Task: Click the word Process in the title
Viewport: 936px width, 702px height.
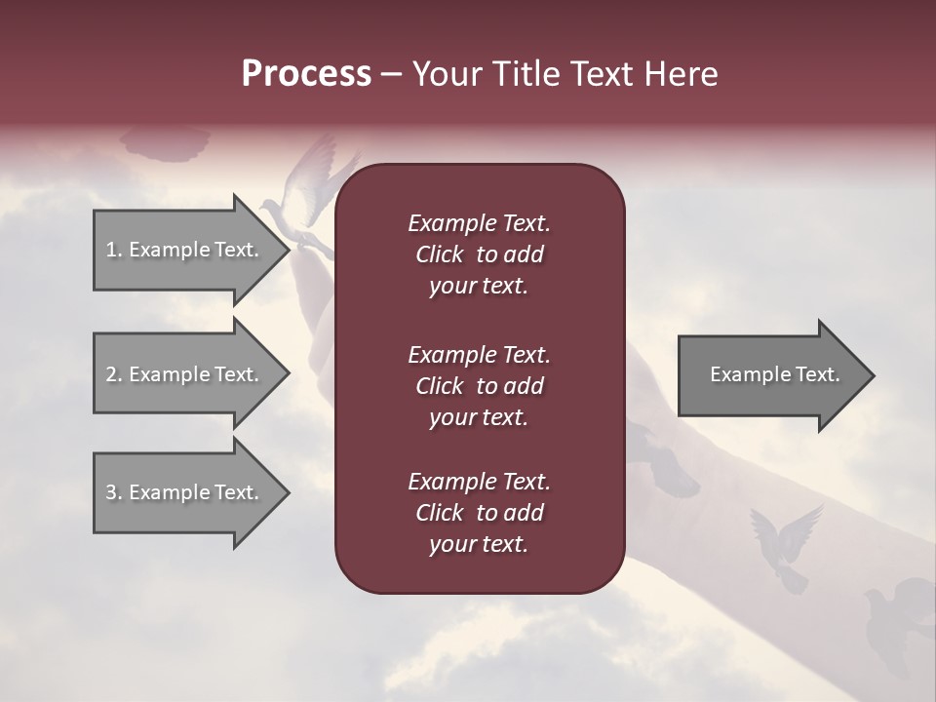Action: pyautogui.click(x=306, y=74)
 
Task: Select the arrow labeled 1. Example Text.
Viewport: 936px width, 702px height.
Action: pyautogui.click(x=185, y=250)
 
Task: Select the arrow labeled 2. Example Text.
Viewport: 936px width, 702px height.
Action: pyautogui.click(x=185, y=374)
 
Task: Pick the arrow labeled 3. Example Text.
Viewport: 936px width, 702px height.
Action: pyautogui.click(x=185, y=492)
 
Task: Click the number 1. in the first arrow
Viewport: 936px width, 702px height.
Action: pyautogui.click(x=113, y=250)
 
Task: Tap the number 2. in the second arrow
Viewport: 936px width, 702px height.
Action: pyautogui.click(x=113, y=374)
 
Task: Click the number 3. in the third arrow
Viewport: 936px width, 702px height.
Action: pyautogui.click(x=113, y=492)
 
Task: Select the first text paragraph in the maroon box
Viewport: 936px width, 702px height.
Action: pyautogui.click(x=479, y=254)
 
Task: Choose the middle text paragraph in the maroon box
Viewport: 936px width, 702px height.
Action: pyautogui.click(x=479, y=385)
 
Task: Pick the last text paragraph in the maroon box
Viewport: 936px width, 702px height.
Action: pyautogui.click(x=479, y=513)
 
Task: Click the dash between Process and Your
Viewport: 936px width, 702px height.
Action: pyautogui.click(x=391, y=75)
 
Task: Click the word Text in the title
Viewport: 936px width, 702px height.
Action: pyautogui.click(x=602, y=74)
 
